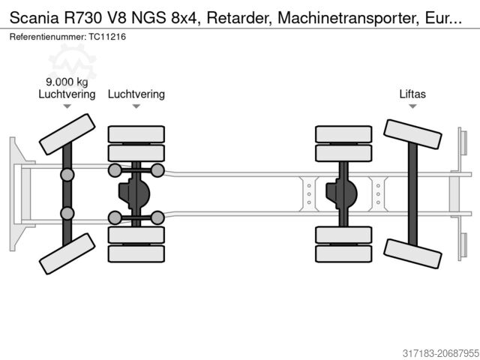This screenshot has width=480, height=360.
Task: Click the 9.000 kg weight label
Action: coord(67,82)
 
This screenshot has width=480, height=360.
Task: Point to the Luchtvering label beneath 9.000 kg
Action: coord(67,94)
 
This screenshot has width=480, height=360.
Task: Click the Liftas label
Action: coord(412,94)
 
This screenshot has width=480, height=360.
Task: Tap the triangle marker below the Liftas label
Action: coord(412,107)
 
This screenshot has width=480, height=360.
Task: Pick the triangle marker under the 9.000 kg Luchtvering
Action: coord(67,107)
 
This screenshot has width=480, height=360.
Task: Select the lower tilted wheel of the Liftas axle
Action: coord(412,253)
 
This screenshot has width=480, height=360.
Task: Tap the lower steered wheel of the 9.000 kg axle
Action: coord(67,254)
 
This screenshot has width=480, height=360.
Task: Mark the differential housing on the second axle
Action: coord(136,194)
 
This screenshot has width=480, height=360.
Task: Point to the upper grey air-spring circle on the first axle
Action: coord(67,175)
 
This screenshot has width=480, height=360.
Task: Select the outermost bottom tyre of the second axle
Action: coord(136,254)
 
